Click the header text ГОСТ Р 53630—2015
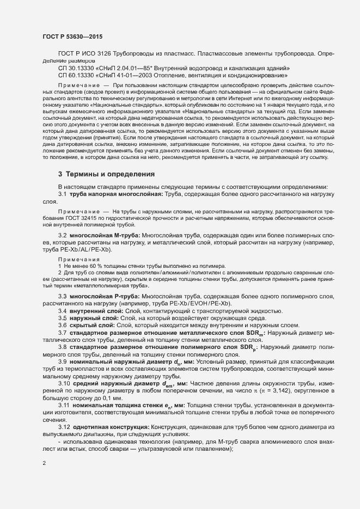click(x=72, y=36)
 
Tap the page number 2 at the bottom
click(x=44, y=463)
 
